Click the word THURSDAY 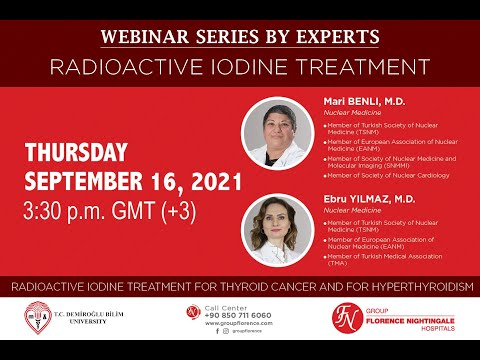tap(76, 153)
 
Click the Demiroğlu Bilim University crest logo tap(39, 318)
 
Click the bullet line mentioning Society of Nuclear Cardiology tap(385, 175)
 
